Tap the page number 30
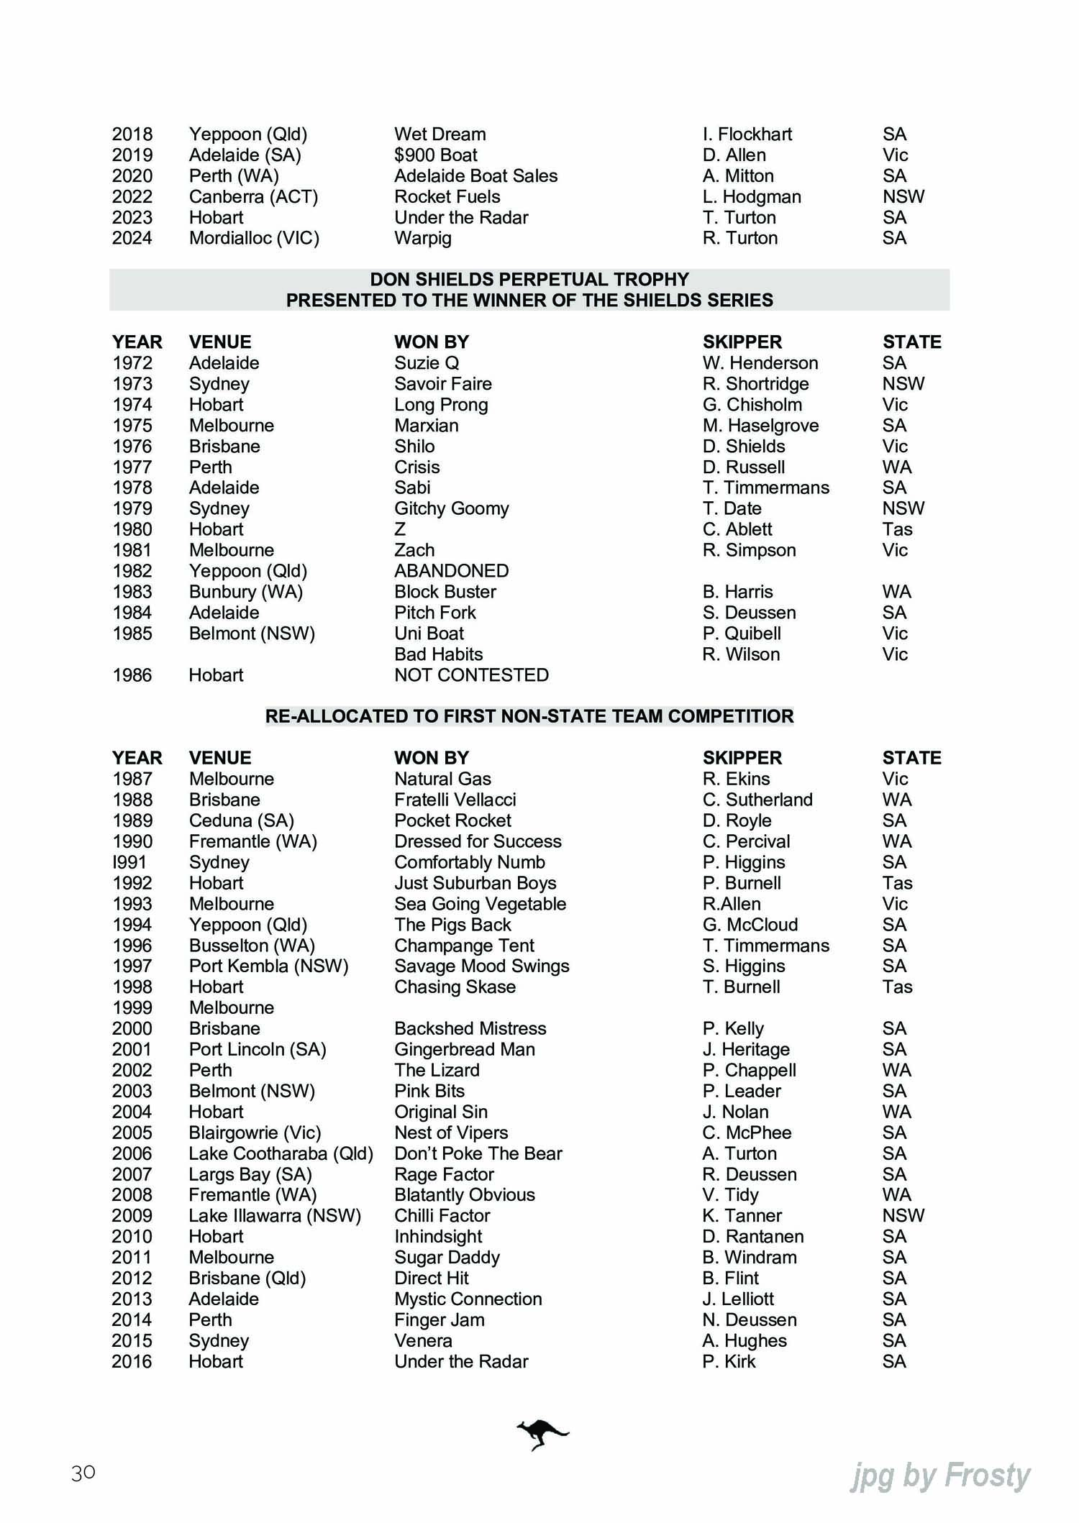83,1473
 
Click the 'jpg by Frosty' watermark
940,1476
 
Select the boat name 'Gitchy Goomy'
451,508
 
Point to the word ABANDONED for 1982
451,571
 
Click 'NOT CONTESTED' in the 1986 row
471,675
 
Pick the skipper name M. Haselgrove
760,426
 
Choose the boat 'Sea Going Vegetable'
480,904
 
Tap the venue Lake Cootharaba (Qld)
281,1153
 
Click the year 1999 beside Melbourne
132,1007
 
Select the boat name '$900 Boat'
435,155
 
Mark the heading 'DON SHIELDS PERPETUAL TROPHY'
529,279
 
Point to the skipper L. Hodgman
752,197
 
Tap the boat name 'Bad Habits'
438,654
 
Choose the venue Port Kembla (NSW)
268,966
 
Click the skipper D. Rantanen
753,1236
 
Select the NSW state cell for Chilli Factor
903,1215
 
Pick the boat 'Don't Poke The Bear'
478,1153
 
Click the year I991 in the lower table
130,862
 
